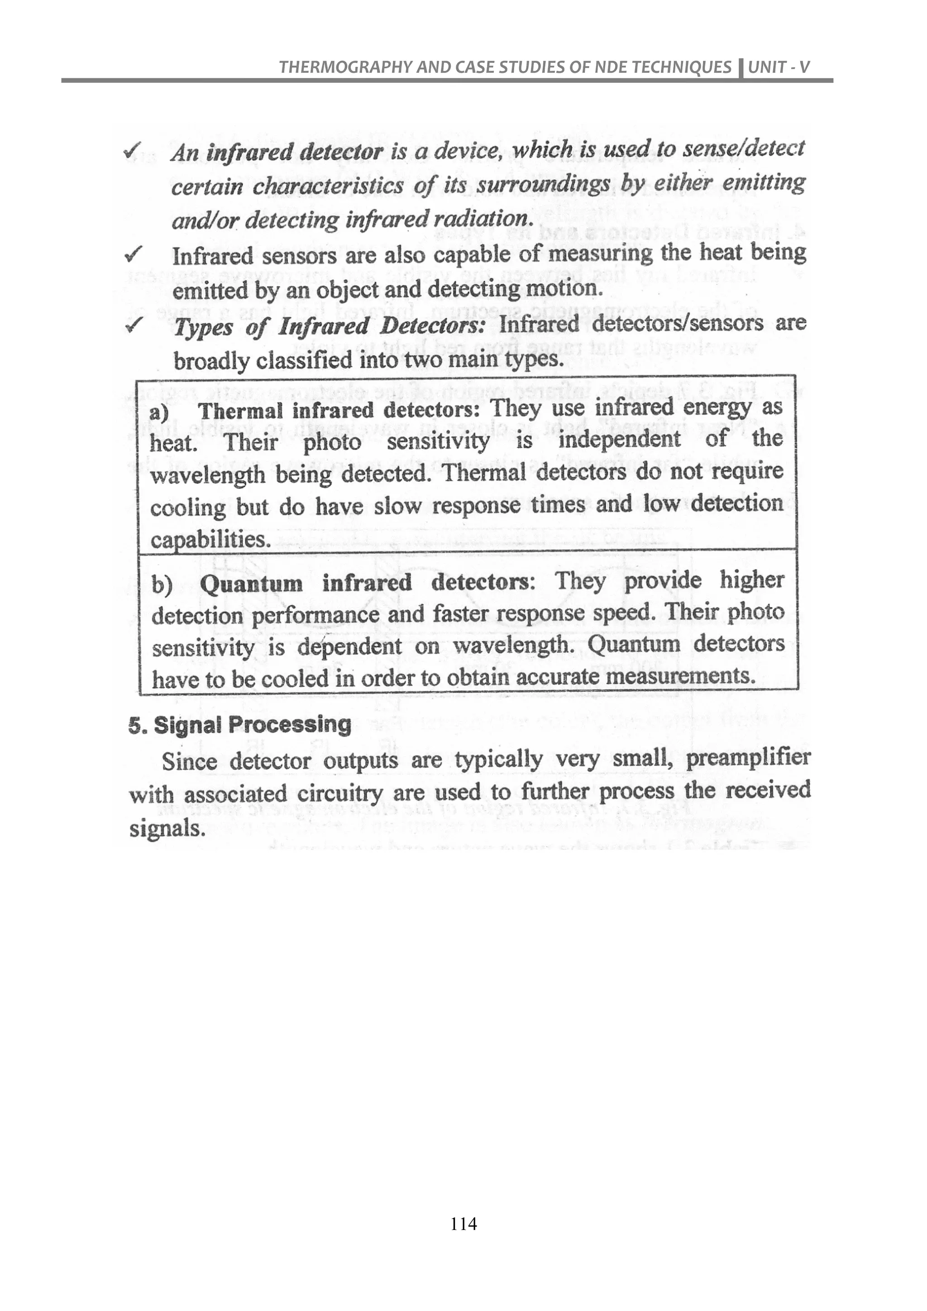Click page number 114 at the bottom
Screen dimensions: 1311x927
coord(463,1224)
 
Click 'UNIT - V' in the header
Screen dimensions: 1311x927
coord(779,67)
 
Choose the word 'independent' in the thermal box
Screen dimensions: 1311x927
coord(619,440)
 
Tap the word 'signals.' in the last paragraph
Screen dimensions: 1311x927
coord(167,828)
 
